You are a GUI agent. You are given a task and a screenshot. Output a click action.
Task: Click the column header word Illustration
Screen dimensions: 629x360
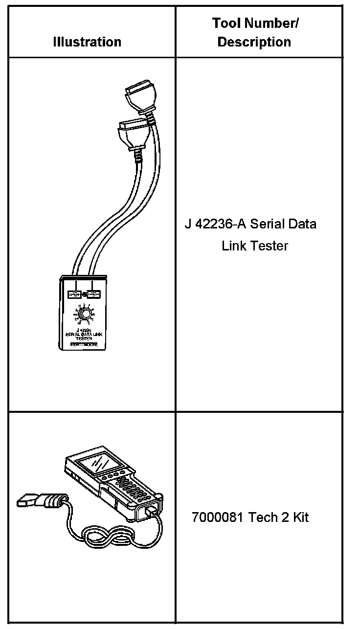[x=87, y=42]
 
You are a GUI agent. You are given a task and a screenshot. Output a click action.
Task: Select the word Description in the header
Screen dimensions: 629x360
[x=254, y=42]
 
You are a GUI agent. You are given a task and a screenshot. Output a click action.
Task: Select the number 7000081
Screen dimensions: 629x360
[x=218, y=517]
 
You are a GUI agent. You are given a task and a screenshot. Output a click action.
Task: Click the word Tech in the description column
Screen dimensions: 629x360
[x=263, y=517]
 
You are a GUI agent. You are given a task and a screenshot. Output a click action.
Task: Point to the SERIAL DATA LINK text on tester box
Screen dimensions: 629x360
[x=85, y=334]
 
